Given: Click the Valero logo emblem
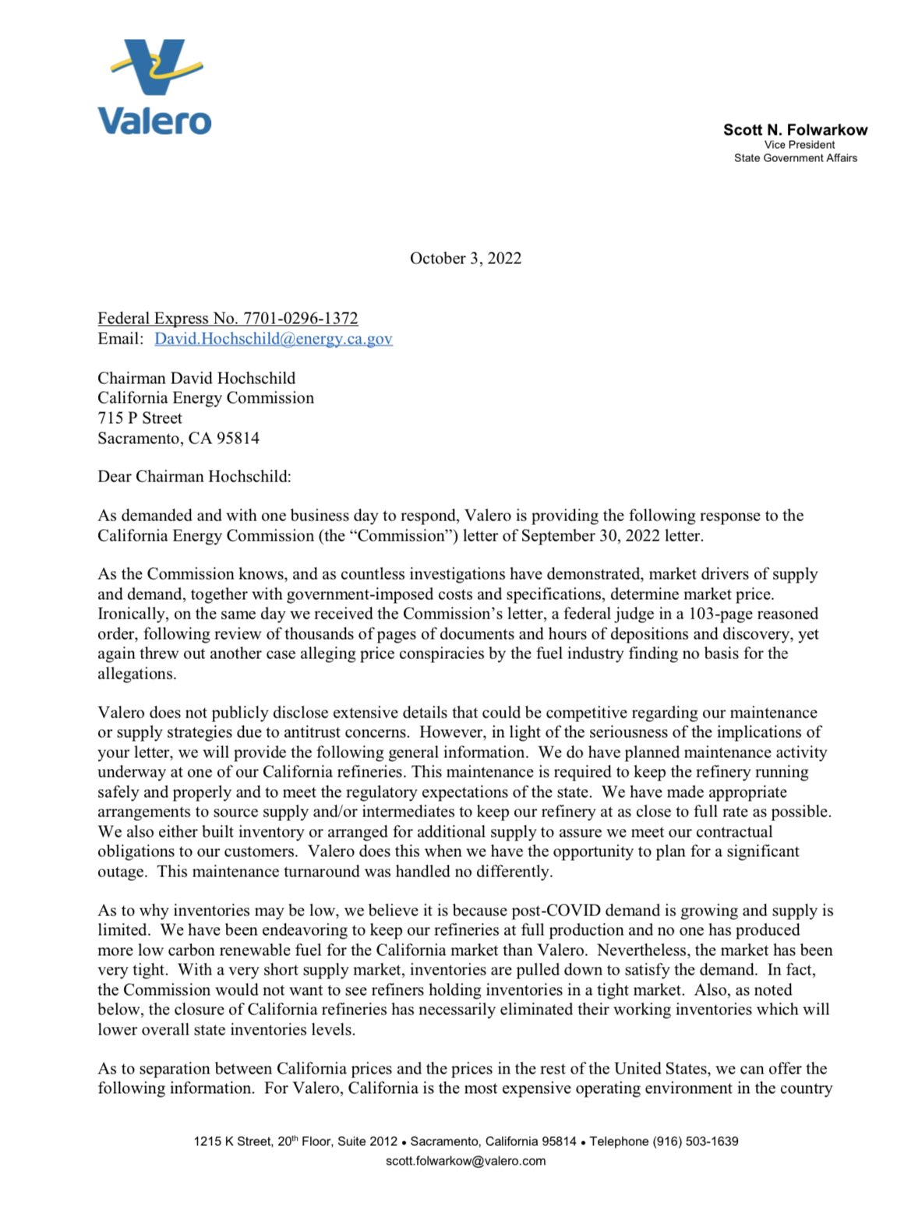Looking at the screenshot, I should tap(157, 66).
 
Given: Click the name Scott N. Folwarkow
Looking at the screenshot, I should tap(795, 130).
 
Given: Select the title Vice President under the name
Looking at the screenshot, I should tap(799, 145).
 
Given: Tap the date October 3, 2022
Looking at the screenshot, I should tap(465, 259).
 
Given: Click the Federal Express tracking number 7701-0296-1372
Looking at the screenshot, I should tap(300, 319).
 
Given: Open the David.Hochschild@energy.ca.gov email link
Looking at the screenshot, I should tap(273, 339).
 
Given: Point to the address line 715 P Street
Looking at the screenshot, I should tap(139, 418).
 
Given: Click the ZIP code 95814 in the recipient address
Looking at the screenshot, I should tap(238, 439).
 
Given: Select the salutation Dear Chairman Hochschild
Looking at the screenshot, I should tap(194, 477).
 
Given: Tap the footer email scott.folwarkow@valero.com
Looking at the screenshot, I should tap(465, 1161).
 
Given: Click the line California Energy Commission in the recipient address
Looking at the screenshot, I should tap(206, 398).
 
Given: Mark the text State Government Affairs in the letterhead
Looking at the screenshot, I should tap(795, 158).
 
